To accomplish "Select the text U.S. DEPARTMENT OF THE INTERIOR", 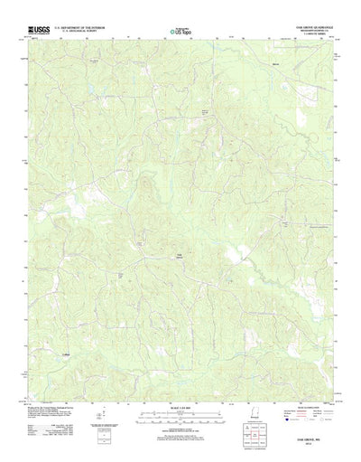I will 79,28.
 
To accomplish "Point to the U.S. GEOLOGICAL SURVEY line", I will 79,32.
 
